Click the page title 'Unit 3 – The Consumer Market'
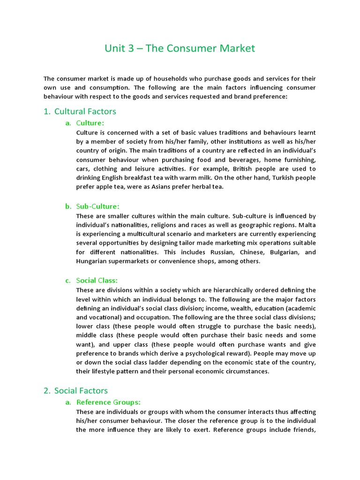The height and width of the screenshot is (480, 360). coord(180,48)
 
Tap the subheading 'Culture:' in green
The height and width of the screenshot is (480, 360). coord(90,123)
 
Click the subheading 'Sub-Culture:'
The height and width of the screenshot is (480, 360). coord(97,206)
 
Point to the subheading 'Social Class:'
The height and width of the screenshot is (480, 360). coord(97,281)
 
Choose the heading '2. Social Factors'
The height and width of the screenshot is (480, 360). coord(81,390)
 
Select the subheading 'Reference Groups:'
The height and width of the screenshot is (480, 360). coord(108,402)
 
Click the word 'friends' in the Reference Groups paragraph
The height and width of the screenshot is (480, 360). coord(304,430)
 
